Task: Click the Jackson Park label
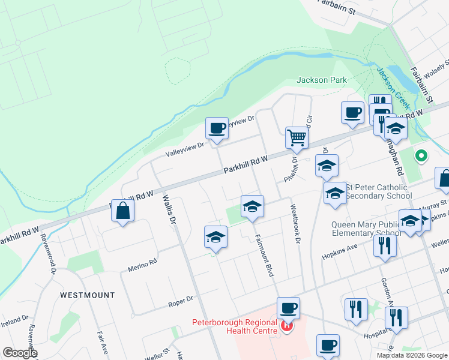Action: [322, 80]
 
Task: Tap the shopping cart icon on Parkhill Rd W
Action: [297, 137]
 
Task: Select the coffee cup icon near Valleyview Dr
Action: [217, 128]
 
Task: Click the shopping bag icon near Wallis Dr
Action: [122, 211]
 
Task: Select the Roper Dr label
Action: [181, 298]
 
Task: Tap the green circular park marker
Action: [421, 156]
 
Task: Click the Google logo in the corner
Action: [20, 353]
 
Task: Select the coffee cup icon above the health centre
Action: [288, 308]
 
